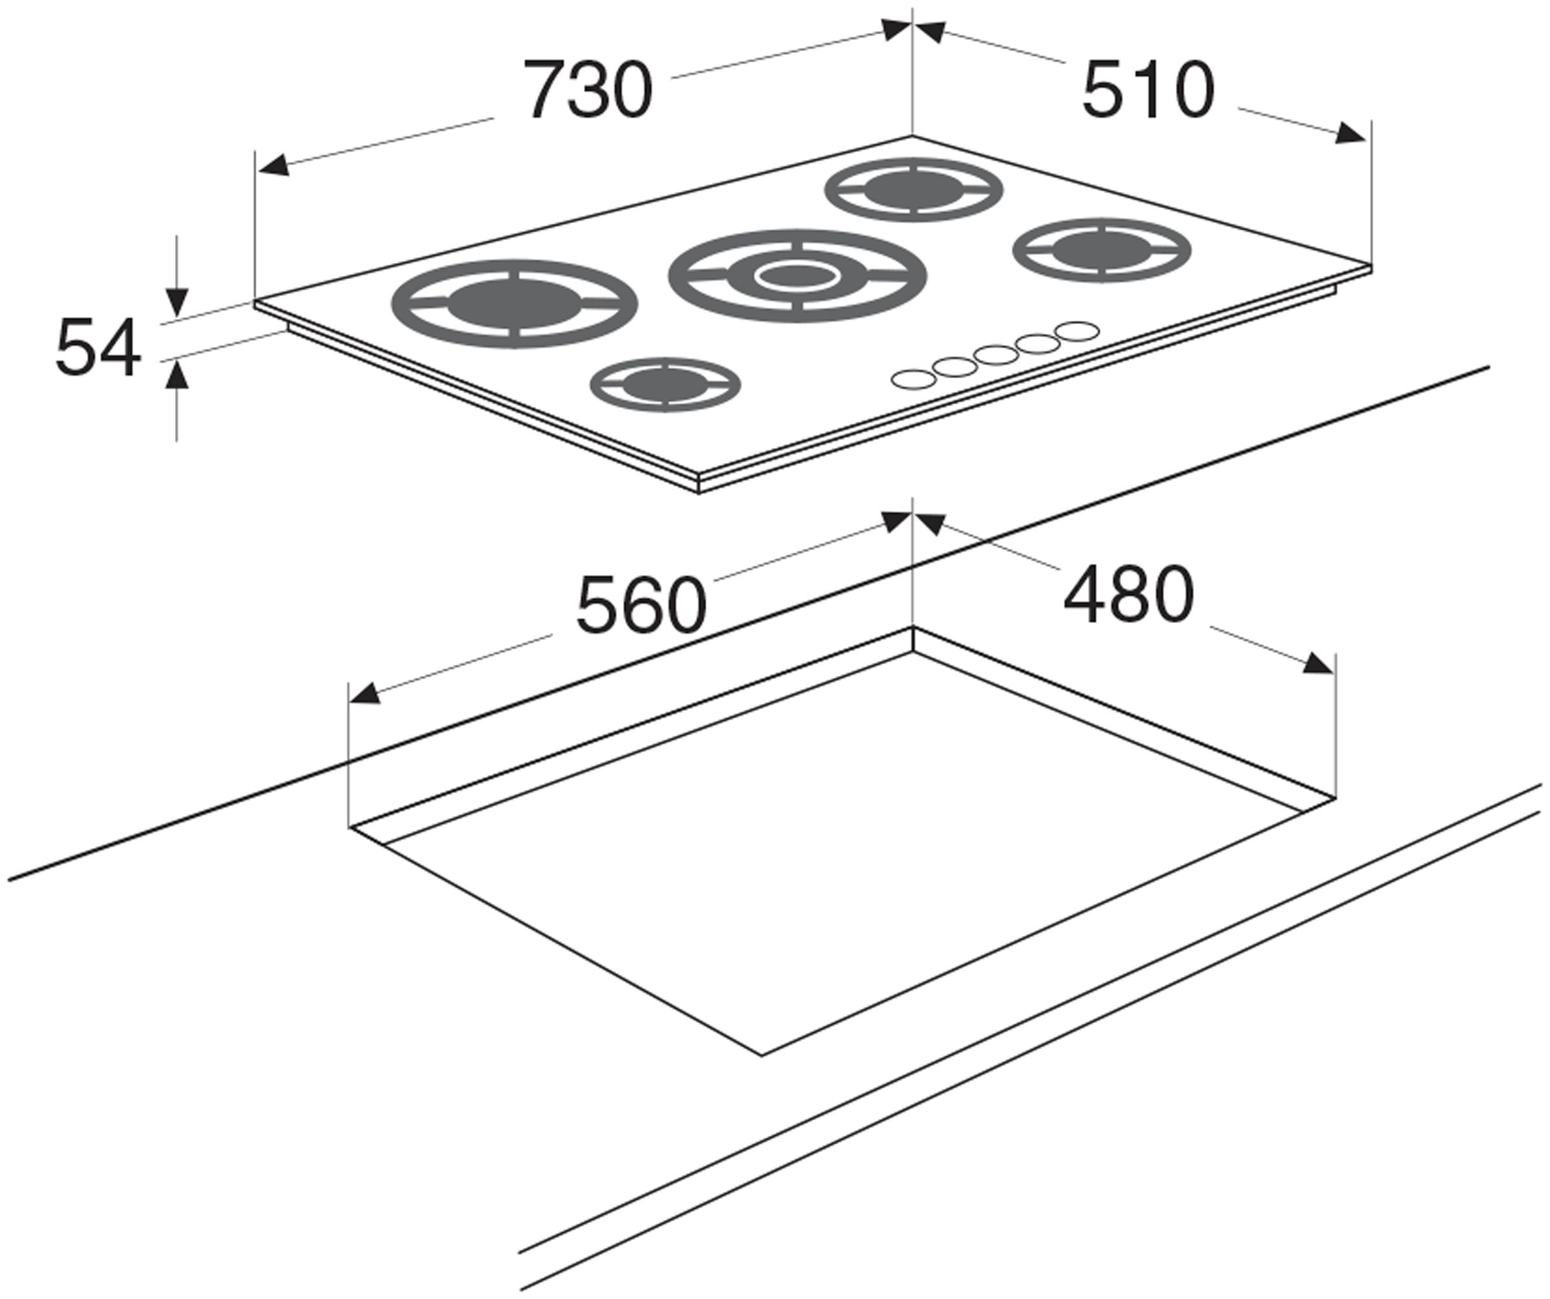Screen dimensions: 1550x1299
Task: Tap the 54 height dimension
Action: pyautogui.click(x=98, y=347)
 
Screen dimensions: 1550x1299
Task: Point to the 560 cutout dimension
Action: pyautogui.click(x=641, y=606)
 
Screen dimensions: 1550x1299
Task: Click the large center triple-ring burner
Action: pyautogui.click(x=797, y=275)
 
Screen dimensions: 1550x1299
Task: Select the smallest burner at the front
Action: pyautogui.click(x=665, y=385)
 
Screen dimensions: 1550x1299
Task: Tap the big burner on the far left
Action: pyautogui.click(x=515, y=304)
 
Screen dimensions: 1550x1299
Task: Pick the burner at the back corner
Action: pyautogui.click(x=914, y=190)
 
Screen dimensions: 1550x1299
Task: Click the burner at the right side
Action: pyautogui.click(x=1101, y=250)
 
